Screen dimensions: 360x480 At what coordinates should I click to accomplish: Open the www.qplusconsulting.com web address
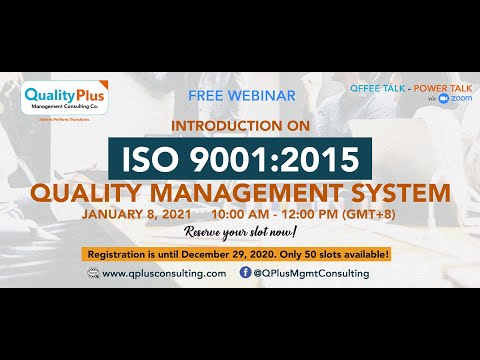click(x=164, y=273)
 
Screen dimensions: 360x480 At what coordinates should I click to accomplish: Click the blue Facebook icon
click(x=245, y=273)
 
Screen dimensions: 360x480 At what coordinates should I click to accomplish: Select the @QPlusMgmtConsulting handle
click(x=311, y=273)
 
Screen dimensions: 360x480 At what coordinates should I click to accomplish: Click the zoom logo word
click(x=461, y=99)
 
